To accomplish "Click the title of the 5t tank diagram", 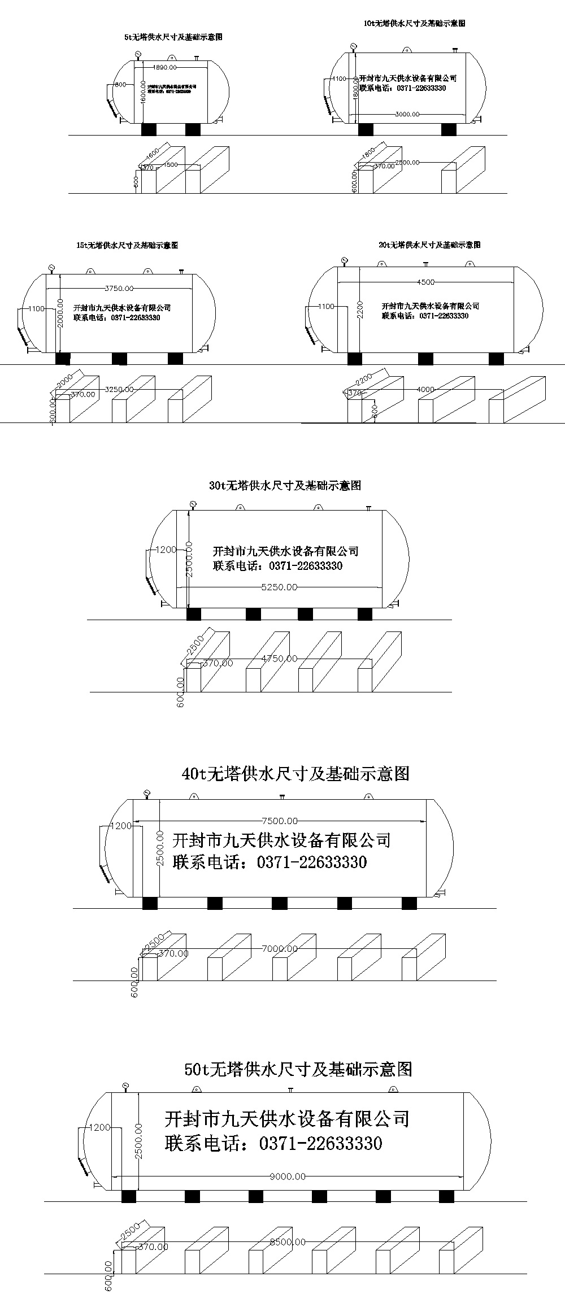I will [x=172, y=37].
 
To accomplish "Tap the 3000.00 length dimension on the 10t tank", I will [x=407, y=114].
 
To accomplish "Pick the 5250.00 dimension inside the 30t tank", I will [x=279, y=587].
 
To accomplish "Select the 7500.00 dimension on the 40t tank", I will [x=280, y=821].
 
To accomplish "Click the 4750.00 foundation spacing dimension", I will [x=279, y=659].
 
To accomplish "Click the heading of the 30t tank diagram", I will [x=285, y=486].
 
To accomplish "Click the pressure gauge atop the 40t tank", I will [x=147, y=794].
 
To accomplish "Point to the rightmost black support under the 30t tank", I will [x=364, y=614].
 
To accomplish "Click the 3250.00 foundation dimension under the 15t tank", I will [x=120, y=389].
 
